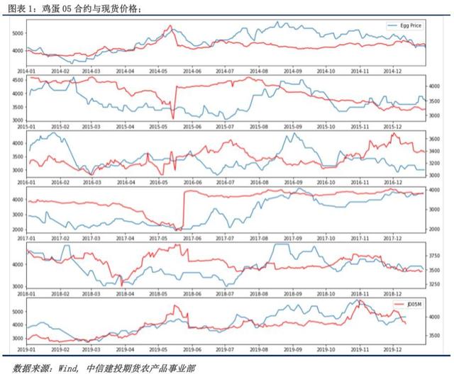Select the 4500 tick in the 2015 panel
[x=15, y=81]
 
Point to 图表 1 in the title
[x=18, y=7]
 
